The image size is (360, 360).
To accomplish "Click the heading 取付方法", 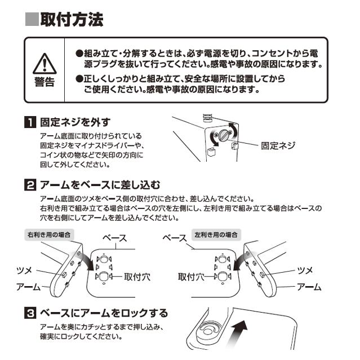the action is click(72, 19).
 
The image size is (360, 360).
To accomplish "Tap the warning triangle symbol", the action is click(45, 64).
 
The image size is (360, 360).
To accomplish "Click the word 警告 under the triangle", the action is click(45, 82).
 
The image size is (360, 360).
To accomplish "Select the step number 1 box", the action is click(30, 122).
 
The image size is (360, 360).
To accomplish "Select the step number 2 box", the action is click(30, 185).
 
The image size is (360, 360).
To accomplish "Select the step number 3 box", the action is click(30, 313).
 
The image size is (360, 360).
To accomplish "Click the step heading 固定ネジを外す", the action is click(75, 122).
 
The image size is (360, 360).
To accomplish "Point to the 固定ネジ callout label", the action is click(278, 145).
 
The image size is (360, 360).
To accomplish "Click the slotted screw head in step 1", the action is click(224, 135).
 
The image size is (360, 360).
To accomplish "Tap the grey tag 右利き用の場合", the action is click(49, 234).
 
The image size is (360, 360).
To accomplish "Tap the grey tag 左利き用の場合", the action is click(216, 234).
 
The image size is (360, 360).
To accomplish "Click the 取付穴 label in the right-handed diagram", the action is click(137, 277).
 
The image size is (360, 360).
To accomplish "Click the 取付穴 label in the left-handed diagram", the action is click(191, 277).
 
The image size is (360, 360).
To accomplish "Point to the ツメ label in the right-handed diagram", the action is click(24, 270).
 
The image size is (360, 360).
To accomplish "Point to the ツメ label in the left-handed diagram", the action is click(305, 270).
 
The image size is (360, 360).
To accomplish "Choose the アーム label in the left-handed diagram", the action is click(309, 287).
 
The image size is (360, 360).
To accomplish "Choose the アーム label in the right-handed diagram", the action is click(28, 287).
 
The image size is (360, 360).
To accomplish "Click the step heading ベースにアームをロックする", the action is click(104, 313).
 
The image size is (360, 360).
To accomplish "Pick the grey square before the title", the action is click(32, 19).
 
